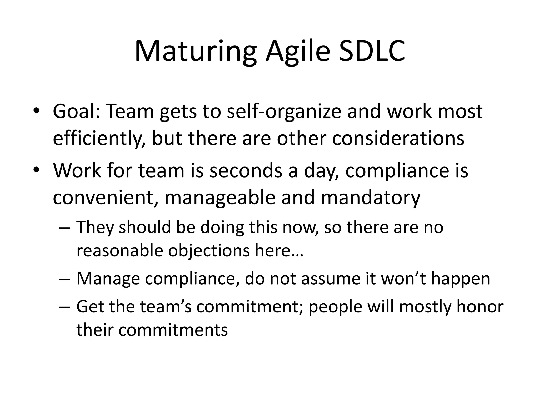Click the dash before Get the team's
65,307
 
